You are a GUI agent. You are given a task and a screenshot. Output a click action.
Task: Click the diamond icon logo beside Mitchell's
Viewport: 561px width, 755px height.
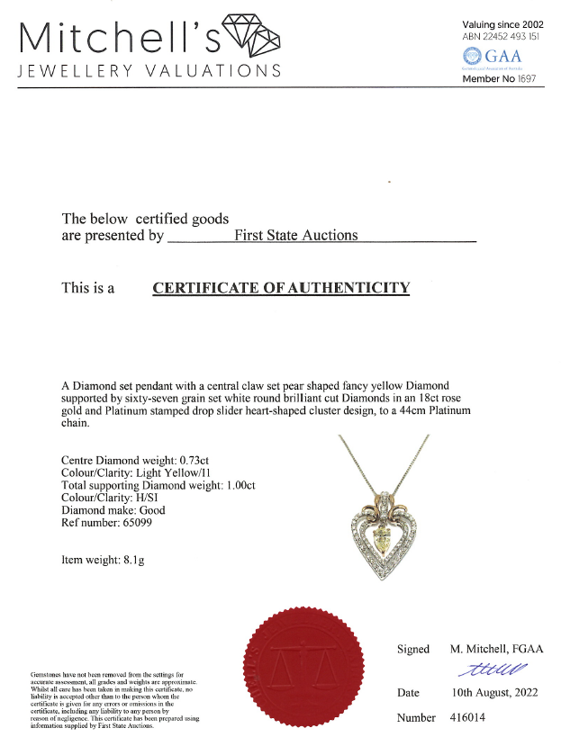tap(250, 36)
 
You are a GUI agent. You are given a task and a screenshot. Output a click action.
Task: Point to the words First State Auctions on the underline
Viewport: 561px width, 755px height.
tap(295, 235)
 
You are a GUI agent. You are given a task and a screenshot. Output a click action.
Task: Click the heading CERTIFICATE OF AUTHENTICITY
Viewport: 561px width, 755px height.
tap(281, 288)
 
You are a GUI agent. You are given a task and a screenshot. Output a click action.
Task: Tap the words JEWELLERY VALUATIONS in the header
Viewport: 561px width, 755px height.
tap(149, 71)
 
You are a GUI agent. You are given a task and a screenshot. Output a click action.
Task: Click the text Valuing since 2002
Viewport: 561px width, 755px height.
tap(502, 24)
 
